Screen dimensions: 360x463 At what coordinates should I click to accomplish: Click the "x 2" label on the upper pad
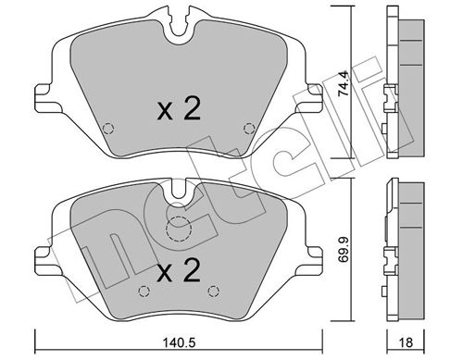pyautogui.click(x=177, y=112)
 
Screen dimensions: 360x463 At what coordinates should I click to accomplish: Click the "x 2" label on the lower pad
pyautogui.click(x=177, y=273)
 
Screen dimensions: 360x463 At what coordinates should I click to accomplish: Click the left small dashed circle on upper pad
pyautogui.click(x=107, y=129)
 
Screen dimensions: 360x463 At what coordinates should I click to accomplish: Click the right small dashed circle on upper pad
pyautogui.click(x=246, y=129)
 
